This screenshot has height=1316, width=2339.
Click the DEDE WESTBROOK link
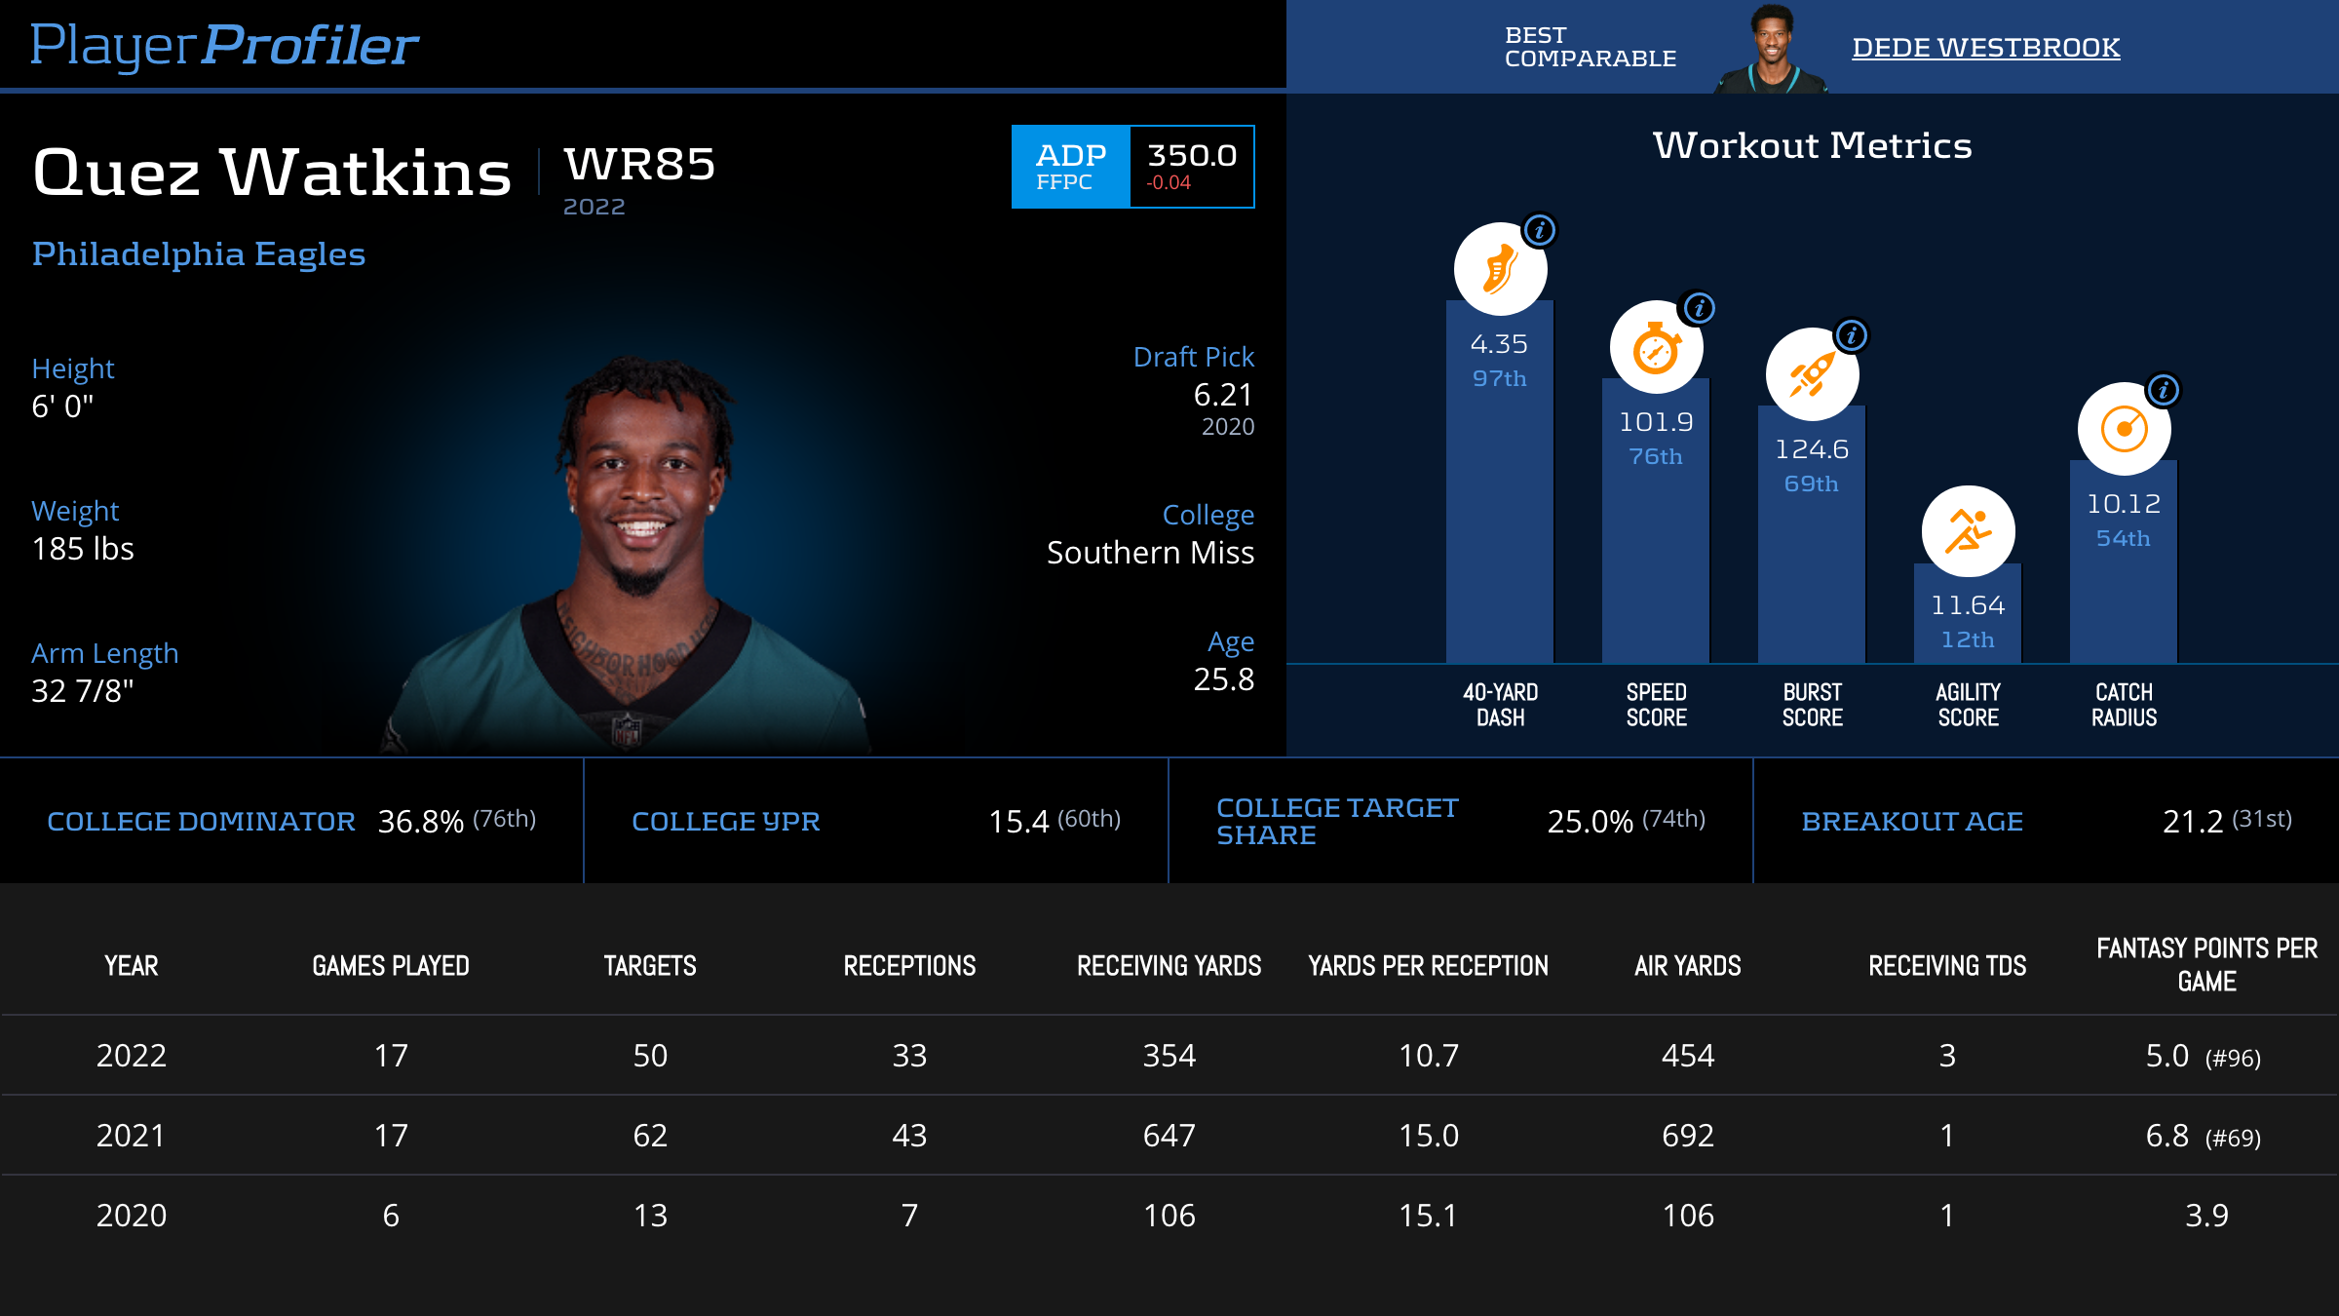point(1985,47)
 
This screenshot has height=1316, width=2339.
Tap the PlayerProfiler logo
point(224,45)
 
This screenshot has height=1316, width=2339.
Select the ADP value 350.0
point(1191,156)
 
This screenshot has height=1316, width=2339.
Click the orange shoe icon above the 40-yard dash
point(1500,269)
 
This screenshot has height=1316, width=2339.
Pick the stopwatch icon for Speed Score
point(1656,348)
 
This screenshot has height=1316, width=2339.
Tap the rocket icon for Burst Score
point(1812,374)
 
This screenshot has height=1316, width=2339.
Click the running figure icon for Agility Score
point(1968,531)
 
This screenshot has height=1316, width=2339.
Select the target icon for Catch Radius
point(2124,429)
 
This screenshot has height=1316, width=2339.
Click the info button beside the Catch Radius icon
point(2164,391)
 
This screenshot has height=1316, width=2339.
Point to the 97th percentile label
point(1499,378)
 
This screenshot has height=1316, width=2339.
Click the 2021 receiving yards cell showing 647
point(1169,1136)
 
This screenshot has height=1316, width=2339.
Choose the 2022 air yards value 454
point(1687,1056)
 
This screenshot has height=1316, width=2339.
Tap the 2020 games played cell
point(391,1216)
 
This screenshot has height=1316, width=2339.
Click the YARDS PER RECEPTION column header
point(1428,966)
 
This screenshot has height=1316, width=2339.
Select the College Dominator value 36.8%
point(420,822)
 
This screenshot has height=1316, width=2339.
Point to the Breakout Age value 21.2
point(2193,822)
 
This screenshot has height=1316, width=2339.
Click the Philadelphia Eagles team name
point(199,253)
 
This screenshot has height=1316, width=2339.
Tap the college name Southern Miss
point(1150,553)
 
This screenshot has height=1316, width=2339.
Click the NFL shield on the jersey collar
point(626,729)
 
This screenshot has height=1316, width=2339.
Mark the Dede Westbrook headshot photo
point(1771,49)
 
